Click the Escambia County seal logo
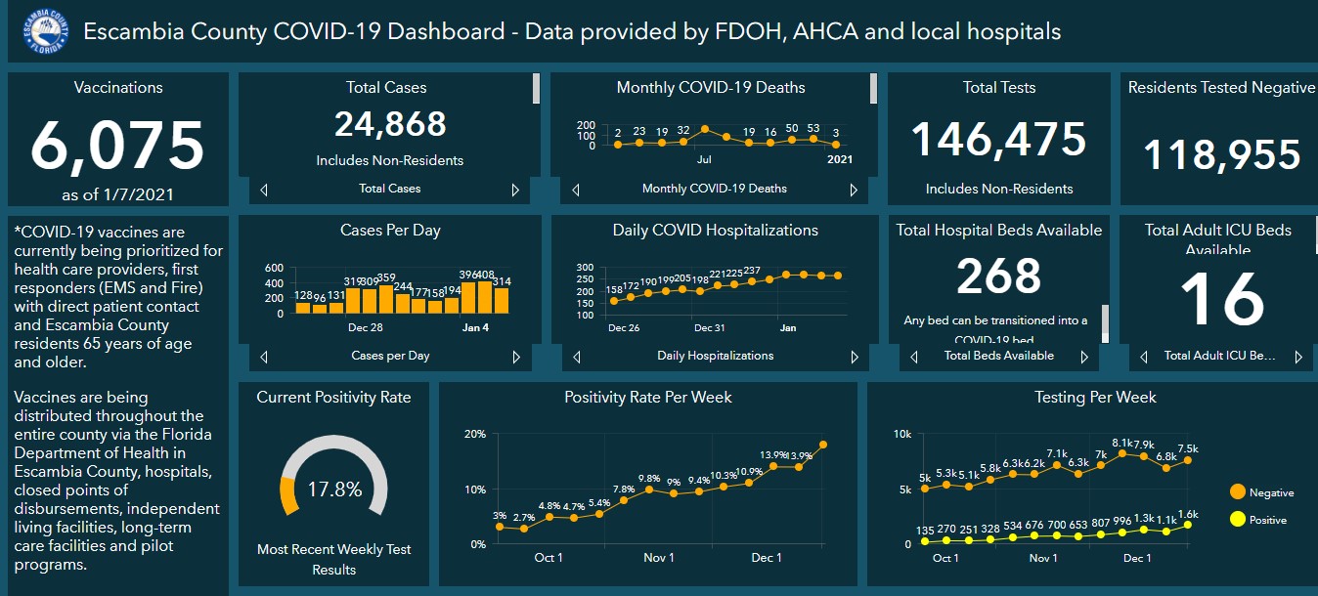[x=44, y=31]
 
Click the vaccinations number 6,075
[x=117, y=145]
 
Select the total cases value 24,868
[x=390, y=124]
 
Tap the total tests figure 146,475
[x=998, y=140]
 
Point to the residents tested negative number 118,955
[x=1221, y=155]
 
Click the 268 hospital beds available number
[x=998, y=277]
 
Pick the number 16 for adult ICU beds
[x=1222, y=299]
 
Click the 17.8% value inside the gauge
[x=334, y=489]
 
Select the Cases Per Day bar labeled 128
[x=303, y=308]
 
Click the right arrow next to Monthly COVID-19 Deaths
[x=854, y=190]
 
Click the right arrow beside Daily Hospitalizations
[x=854, y=357]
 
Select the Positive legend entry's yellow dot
[x=1237, y=520]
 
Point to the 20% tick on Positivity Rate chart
[x=474, y=434]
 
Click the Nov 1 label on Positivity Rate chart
[x=658, y=558]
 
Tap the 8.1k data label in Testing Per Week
[x=1122, y=442]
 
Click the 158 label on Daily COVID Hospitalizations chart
[x=614, y=289]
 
